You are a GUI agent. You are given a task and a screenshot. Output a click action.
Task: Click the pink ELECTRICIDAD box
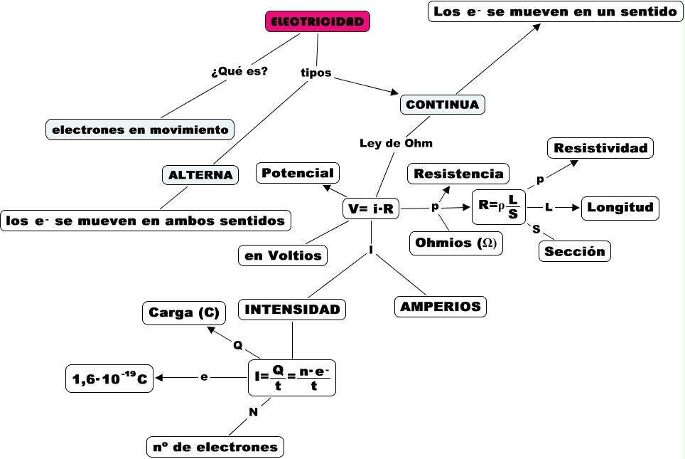click(318, 22)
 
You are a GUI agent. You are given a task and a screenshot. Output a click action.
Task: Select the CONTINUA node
click(443, 105)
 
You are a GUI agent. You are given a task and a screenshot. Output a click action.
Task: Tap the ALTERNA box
click(200, 174)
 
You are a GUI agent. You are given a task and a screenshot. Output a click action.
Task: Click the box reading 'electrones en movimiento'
click(140, 130)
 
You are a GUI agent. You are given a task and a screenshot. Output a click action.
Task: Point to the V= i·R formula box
click(371, 209)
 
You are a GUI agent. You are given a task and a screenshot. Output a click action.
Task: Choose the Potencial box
click(297, 173)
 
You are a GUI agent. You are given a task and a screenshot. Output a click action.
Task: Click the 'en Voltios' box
click(283, 255)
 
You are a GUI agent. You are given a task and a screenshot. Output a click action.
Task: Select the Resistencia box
click(458, 174)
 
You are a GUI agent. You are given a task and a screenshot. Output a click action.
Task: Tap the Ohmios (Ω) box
click(457, 243)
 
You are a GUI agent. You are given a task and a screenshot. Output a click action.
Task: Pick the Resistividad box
click(600, 148)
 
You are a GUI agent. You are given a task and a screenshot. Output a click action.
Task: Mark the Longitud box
click(620, 208)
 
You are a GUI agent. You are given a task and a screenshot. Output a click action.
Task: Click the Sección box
click(575, 251)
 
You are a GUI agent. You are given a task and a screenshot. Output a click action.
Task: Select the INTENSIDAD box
click(292, 309)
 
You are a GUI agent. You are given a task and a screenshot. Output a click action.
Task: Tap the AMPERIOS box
click(441, 307)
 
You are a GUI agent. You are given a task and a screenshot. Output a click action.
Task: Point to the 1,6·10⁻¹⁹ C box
click(109, 379)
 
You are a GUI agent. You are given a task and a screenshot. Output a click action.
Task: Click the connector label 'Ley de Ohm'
click(396, 143)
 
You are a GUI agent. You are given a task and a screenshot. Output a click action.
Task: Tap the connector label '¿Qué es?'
click(239, 71)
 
